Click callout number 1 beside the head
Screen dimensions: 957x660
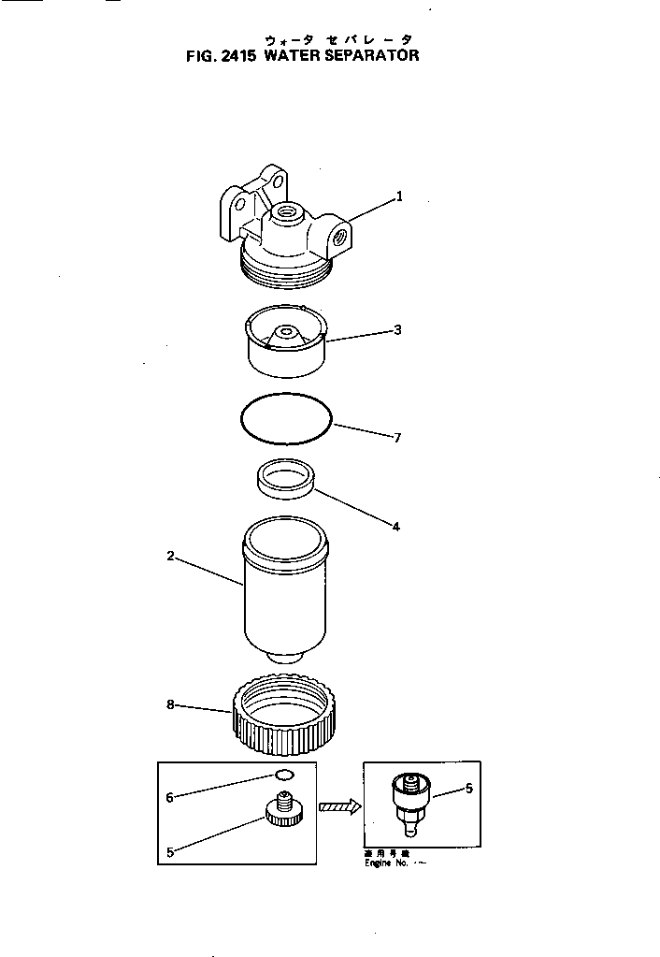399,196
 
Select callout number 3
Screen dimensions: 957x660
397,329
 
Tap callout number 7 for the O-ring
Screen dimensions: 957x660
397,437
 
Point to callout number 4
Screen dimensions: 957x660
395,527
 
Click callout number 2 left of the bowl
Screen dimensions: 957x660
170,556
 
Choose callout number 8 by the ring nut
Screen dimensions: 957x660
170,704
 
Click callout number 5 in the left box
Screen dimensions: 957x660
170,851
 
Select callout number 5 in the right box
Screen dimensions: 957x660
468,789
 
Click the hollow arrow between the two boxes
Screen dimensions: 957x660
339,806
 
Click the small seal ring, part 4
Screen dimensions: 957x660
285,479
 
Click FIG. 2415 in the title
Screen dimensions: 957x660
222,55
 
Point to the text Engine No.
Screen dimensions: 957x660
385,863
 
